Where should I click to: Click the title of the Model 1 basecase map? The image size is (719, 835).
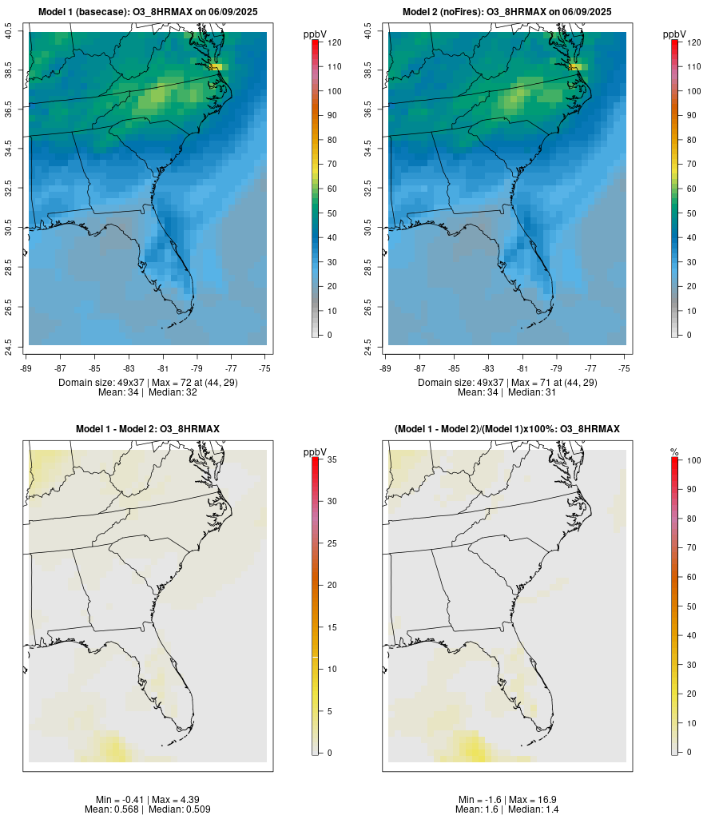(148, 12)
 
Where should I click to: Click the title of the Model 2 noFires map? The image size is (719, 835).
(507, 12)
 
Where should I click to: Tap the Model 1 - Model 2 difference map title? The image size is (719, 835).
(148, 429)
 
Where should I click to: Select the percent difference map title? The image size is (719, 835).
(507, 429)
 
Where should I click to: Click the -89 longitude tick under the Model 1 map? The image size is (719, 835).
(27, 368)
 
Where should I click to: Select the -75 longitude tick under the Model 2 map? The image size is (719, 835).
(624, 368)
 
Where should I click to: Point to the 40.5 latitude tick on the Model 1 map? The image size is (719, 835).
(9, 32)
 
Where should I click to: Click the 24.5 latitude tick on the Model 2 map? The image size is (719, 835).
(368, 345)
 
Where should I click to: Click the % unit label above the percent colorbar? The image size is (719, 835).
(674, 452)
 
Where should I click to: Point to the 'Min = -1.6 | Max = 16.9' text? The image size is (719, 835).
(507, 800)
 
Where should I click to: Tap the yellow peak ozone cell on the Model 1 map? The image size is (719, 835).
(216, 67)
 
